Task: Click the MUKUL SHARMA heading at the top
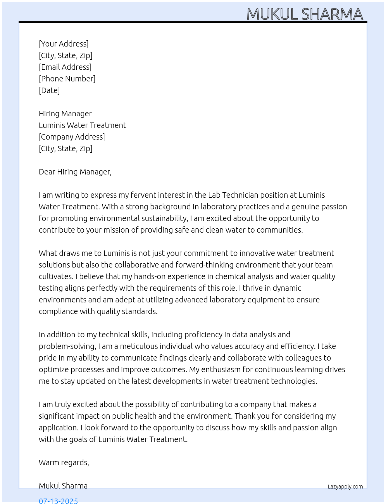(x=305, y=14)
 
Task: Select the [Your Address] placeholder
(x=64, y=44)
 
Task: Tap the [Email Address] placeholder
(x=65, y=67)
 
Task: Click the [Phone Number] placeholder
(x=67, y=79)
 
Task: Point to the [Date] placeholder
(x=49, y=90)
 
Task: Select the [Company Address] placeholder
(x=72, y=137)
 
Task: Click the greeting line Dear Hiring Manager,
(x=75, y=172)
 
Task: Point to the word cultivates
(x=55, y=276)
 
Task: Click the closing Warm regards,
(x=64, y=463)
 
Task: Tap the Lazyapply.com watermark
(x=345, y=487)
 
